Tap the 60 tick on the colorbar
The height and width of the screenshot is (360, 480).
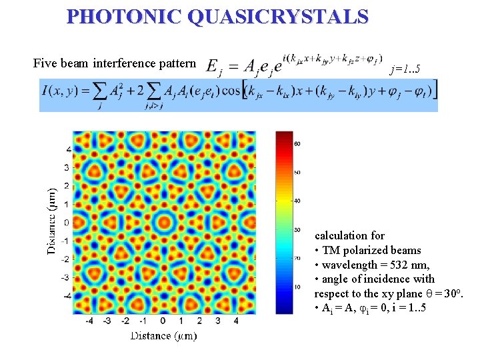(x=298, y=143)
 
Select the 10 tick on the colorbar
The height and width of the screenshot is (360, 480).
(x=298, y=286)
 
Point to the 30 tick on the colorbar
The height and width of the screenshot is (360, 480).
(x=298, y=229)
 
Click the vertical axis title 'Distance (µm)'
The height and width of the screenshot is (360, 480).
(x=51, y=219)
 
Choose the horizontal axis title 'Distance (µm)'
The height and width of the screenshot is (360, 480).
(x=163, y=335)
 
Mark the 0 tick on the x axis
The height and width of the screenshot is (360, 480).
(x=163, y=321)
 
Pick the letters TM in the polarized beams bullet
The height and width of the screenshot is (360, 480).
(x=329, y=250)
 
